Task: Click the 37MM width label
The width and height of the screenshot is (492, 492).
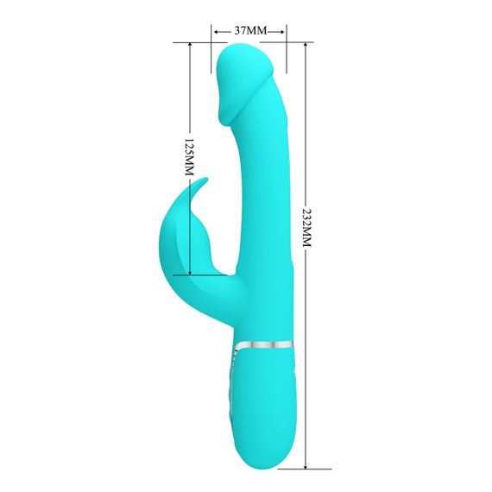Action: point(249,30)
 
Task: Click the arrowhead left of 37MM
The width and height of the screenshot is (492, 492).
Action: point(215,30)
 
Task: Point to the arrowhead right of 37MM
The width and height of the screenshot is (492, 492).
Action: point(282,30)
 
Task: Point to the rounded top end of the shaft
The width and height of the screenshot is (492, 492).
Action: point(247,54)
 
